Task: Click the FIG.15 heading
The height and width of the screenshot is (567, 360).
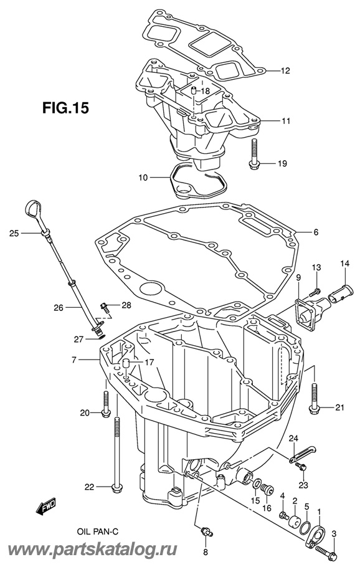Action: coord(65,108)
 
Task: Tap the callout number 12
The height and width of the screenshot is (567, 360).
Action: coord(285,70)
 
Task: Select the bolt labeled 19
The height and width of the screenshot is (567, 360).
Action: coord(253,153)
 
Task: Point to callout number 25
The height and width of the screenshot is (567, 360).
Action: coord(14,234)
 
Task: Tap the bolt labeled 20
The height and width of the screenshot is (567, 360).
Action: coord(105,404)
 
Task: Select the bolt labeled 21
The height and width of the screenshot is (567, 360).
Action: coord(314,398)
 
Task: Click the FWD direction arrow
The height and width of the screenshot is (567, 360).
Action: coord(46,505)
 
